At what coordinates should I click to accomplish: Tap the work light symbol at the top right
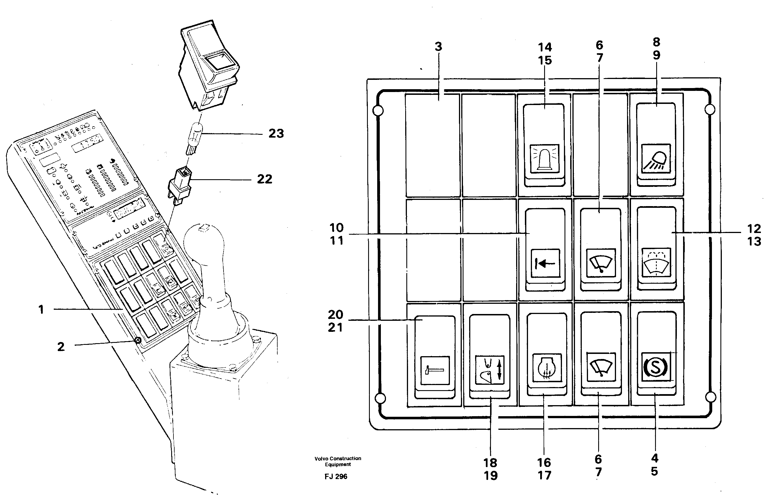click(x=656, y=159)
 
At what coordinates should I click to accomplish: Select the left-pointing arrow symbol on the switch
click(x=545, y=263)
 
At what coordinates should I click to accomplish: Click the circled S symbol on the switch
click(x=656, y=367)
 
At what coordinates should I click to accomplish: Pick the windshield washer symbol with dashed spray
click(x=656, y=262)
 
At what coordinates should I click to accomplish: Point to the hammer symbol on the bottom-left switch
click(x=435, y=370)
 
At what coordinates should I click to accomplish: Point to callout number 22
click(x=265, y=179)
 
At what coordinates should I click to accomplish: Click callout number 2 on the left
click(x=61, y=347)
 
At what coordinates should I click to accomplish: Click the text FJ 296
click(x=336, y=477)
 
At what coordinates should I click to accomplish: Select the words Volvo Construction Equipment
click(x=338, y=461)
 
